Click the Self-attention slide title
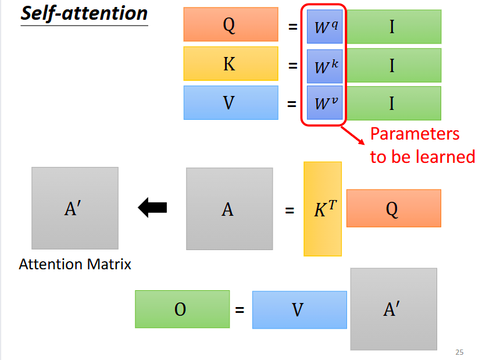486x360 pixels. pyautogui.click(x=84, y=13)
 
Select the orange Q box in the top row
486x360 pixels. pyautogui.click(x=230, y=25)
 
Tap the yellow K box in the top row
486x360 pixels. pyautogui.click(x=230, y=64)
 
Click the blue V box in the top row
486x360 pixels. pyautogui.click(x=230, y=103)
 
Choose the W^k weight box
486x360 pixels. pyautogui.click(x=324, y=66)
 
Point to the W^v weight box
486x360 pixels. pyautogui.click(x=324, y=104)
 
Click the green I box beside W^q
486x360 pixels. pyautogui.click(x=393, y=27)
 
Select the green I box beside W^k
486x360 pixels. pyautogui.click(x=393, y=65)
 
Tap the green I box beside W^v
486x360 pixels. pyautogui.click(x=393, y=104)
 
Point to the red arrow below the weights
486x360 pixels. pyautogui.click(x=353, y=134)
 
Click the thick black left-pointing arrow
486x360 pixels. pyautogui.click(x=152, y=208)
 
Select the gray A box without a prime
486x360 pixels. pyautogui.click(x=229, y=209)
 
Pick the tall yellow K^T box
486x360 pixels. pyautogui.click(x=323, y=209)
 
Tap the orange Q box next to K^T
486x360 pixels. pyautogui.click(x=393, y=208)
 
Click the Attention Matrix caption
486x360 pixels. pyautogui.click(x=75, y=265)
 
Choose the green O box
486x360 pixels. pyautogui.click(x=181, y=309)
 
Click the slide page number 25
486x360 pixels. pyautogui.click(x=459, y=352)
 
